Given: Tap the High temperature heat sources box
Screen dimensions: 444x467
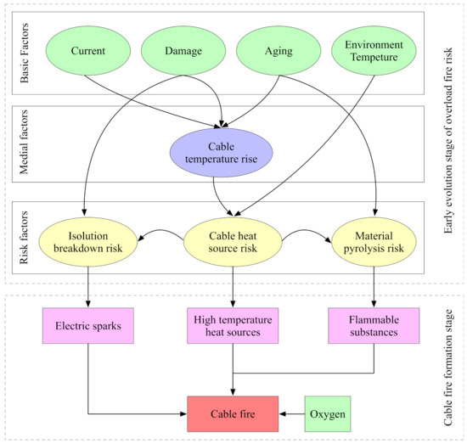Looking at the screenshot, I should (x=232, y=323).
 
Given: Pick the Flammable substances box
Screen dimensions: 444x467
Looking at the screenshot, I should (x=374, y=323).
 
